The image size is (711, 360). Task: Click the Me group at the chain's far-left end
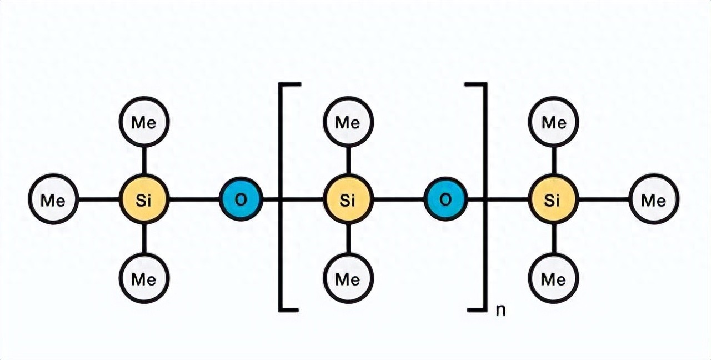tap(53, 199)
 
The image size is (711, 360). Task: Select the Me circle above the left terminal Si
tap(144, 122)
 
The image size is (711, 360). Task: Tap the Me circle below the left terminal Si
tap(144, 278)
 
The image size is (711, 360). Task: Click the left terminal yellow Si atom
tap(144, 199)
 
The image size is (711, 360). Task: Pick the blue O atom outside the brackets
tap(241, 199)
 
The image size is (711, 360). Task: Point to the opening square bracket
tap(281, 197)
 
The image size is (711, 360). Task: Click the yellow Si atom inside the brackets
tap(348, 199)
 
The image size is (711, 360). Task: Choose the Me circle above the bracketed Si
tap(348, 122)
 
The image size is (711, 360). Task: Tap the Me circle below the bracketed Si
tap(348, 278)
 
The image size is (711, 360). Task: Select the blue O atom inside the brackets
tap(445, 199)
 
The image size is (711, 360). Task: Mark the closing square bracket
tap(484, 197)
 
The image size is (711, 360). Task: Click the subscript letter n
tap(500, 309)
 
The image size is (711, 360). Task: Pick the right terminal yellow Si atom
tap(553, 199)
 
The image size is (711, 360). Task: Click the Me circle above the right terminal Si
tap(553, 122)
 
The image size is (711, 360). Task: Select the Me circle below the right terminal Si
tap(553, 278)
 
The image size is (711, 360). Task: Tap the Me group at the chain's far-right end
tap(654, 199)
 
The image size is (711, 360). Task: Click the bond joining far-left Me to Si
tap(98, 199)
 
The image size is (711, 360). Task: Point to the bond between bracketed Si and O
tap(398, 199)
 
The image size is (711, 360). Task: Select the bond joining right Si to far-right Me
tap(603, 199)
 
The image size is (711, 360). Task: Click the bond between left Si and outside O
tap(193, 199)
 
